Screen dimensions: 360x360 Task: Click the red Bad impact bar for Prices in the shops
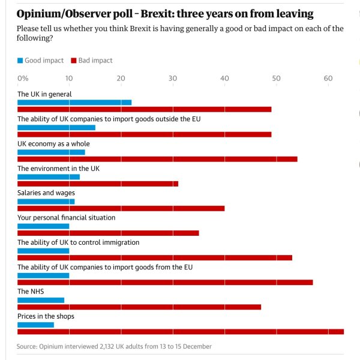[x=180, y=331]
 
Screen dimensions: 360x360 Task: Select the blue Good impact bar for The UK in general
[x=74, y=103]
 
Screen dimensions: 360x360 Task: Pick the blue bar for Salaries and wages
[x=46, y=202]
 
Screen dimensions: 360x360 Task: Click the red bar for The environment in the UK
[x=98, y=183]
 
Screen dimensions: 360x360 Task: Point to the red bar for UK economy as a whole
[x=157, y=158]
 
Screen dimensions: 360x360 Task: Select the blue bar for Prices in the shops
[x=36, y=325]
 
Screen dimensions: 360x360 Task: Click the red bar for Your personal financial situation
[x=108, y=233]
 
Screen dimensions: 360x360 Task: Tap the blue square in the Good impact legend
[x=20, y=61]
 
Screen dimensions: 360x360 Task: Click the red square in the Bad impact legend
[x=74, y=61]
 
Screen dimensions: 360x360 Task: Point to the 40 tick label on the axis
[x=224, y=79]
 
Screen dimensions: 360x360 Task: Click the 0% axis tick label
[x=23, y=79]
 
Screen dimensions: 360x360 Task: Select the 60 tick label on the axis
[x=328, y=79]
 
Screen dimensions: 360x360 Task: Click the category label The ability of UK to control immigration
[x=79, y=242]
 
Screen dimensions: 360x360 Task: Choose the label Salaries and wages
[x=46, y=193]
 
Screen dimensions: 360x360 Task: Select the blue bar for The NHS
[x=41, y=300]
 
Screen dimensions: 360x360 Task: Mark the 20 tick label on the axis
[x=121, y=79]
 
